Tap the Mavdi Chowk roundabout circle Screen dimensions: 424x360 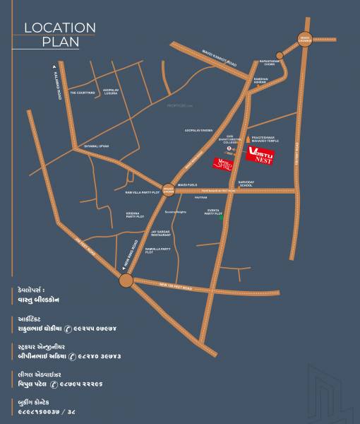tap(168, 189)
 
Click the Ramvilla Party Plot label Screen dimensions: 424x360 tap(158, 250)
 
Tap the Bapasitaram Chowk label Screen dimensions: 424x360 tap(270, 62)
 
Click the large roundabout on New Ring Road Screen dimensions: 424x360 tap(126, 281)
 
